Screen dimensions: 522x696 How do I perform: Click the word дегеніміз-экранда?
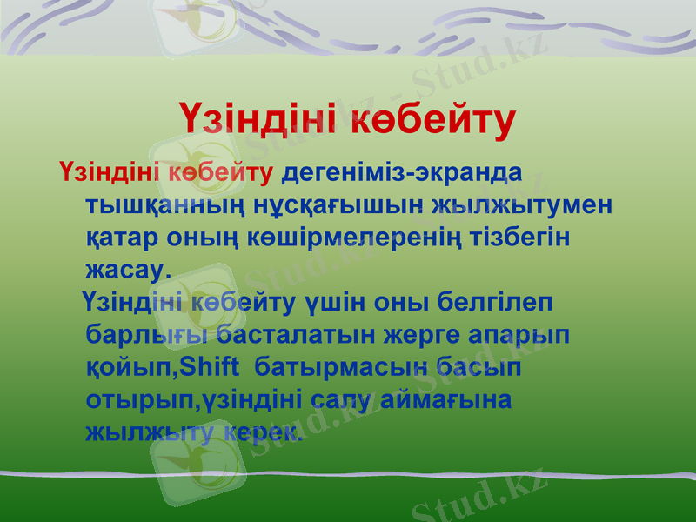tap(401, 171)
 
